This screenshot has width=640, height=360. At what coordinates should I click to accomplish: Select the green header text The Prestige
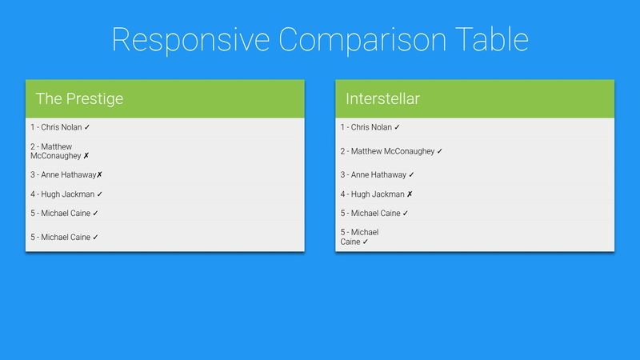point(79,99)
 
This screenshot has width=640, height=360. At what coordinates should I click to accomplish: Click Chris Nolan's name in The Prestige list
point(62,127)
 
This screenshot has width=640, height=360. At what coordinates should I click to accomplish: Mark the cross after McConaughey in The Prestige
point(86,156)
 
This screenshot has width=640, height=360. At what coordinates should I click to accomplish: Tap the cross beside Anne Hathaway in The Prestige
point(100,174)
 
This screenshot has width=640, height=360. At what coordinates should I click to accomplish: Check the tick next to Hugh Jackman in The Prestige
point(100,194)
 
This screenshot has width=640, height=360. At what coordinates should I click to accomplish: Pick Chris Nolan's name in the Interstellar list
point(372,127)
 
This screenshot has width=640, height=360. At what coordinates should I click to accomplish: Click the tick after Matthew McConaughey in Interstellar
point(440,151)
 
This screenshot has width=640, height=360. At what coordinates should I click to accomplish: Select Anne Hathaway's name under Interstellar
point(378,174)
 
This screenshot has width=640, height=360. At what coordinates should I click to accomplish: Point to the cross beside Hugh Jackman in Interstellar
point(410,194)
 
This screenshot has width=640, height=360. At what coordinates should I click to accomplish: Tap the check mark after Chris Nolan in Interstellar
point(397,127)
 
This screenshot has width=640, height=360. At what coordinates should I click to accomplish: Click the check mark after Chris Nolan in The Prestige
point(87,127)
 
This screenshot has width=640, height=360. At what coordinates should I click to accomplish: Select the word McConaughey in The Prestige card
point(56,156)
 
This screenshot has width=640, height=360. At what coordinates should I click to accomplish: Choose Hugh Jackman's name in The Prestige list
point(68,194)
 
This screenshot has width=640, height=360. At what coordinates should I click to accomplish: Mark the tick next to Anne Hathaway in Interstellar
point(411,174)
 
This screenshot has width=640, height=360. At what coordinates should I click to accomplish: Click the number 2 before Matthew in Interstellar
point(342,151)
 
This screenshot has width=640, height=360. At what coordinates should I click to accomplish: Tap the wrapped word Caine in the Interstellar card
point(350,242)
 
